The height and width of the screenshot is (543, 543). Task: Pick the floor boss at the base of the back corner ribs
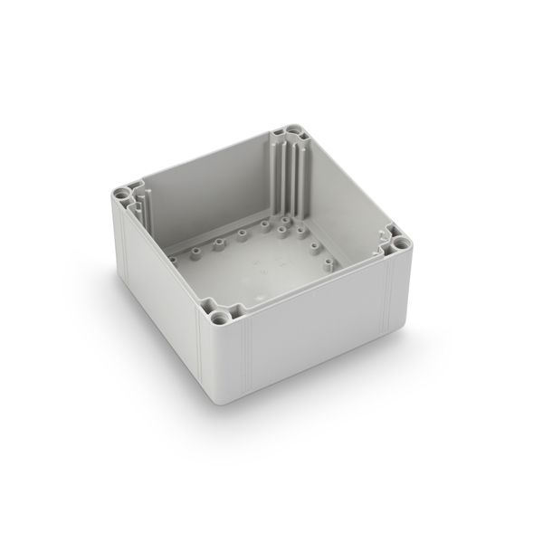pyautogui.click(x=285, y=219)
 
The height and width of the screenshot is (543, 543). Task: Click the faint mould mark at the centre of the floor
pyautogui.click(x=258, y=267)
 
